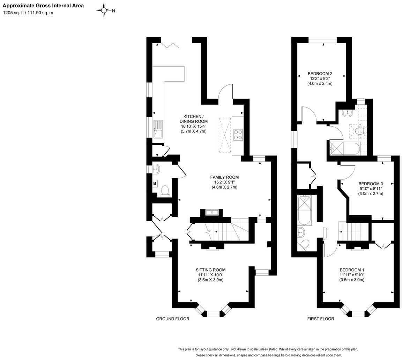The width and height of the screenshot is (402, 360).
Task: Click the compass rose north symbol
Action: (x=104, y=10)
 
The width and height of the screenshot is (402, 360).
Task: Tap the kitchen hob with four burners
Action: (x=238, y=135)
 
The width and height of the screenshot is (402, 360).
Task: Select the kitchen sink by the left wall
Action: (x=158, y=128)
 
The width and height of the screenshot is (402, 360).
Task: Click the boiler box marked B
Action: (x=155, y=183)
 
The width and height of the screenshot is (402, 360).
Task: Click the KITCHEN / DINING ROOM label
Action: (x=194, y=119)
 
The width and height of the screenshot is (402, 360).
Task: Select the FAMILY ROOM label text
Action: (x=224, y=177)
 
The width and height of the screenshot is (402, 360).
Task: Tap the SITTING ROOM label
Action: (x=210, y=270)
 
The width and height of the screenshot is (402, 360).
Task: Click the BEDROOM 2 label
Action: (x=320, y=74)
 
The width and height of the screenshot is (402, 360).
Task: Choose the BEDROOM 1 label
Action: (x=352, y=270)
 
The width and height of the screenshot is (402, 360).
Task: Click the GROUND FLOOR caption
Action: (x=172, y=319)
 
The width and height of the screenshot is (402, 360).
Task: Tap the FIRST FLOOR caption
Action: (x=320, y=319)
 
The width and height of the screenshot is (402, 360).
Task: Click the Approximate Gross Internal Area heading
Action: (x=43, y=6)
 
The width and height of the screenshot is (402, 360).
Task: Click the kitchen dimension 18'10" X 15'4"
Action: (x=194, y=126)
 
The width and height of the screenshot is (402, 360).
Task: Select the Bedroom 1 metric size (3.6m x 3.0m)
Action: (x=352, y=280)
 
